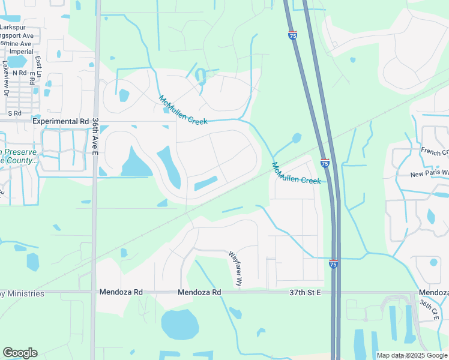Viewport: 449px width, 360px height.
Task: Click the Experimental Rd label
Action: coord(61,121)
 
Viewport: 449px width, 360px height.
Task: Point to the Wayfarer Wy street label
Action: coord(235,268)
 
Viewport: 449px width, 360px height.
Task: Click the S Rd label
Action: coord(14,113)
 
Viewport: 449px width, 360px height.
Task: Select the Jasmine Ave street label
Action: coord(17,44)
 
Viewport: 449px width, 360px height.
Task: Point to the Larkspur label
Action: coord(15,28)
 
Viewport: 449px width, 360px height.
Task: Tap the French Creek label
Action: coord(435,151)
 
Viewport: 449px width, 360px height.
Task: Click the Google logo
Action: coord(20,353)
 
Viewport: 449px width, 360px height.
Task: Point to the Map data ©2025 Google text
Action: coord(412,355)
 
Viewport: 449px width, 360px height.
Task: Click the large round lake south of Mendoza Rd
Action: coord(179,325)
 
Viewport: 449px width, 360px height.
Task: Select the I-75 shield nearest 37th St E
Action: coord(333,263)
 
